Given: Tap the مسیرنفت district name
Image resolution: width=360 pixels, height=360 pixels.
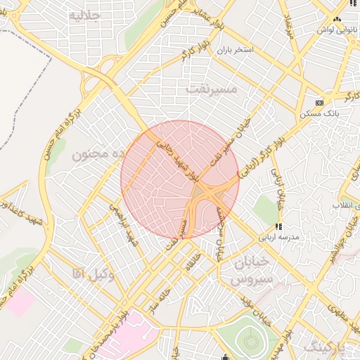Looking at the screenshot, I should point(213,89).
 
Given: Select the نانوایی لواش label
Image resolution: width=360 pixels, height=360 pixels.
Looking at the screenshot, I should point(333,30).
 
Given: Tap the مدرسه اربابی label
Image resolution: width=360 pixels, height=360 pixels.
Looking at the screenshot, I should point(279,237).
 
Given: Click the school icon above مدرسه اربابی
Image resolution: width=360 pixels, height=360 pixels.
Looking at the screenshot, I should point(278,226).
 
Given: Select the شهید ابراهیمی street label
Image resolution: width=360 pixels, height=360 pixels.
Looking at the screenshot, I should point(122,224).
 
